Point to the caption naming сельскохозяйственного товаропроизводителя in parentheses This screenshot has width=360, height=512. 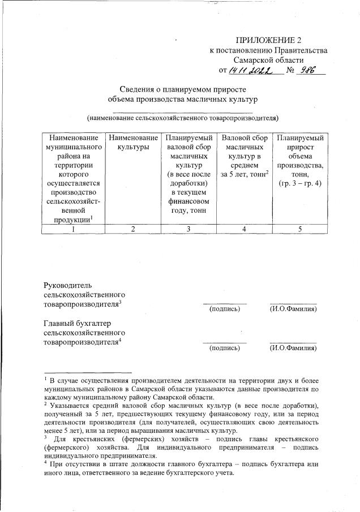(182, 118)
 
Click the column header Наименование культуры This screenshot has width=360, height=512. (133, 143)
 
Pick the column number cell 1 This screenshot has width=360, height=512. (74, 229)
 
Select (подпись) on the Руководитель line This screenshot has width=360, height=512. (225, 309)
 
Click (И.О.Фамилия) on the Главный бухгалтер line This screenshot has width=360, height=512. (293, 348)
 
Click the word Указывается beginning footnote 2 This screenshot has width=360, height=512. (73, 406)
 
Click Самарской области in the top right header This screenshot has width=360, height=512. (269, 59)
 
